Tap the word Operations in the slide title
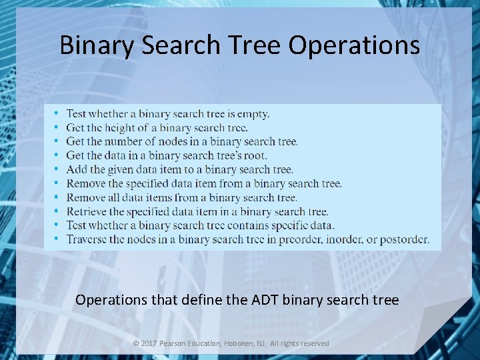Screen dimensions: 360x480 click(x=355, y=45)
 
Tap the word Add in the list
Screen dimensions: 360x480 click(x=76, y=169)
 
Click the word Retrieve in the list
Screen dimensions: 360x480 click(x=86, y=211)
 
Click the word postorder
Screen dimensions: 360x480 click(x=405, y=239)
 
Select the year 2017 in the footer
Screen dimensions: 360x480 click(x=149, y=343)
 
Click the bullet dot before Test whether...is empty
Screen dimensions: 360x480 click(x=57, y=114)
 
